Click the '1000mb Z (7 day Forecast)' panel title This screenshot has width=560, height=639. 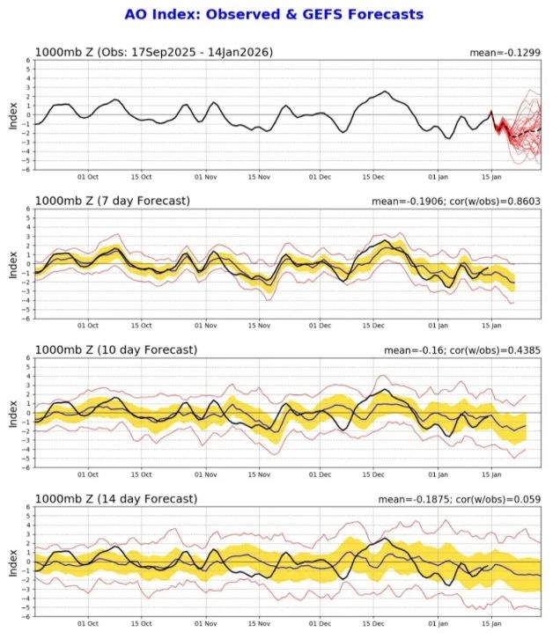(x=112, y=202)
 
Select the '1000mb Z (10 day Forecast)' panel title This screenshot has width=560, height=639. (x=115, y=350)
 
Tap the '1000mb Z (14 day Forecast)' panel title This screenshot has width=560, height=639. (x=115, y=499)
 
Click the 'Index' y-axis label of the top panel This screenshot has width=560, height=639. (x=12, y=114)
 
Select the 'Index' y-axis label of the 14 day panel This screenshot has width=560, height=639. (x=12, y=562)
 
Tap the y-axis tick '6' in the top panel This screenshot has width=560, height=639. (x=28, y=60)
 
